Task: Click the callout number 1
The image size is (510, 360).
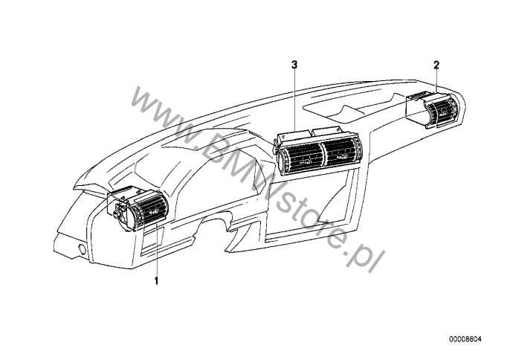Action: pyautogui.click(x=156, y=280)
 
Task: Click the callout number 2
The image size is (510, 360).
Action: pyautogui.click(x=436, y=65)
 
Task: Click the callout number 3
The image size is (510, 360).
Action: pyautogui.click(x=294, y=65)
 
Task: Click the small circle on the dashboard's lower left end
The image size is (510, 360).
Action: pyautogui.click(x=83, y=250)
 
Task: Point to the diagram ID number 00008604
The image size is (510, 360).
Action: pyautogui.click(x=465, y=339)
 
